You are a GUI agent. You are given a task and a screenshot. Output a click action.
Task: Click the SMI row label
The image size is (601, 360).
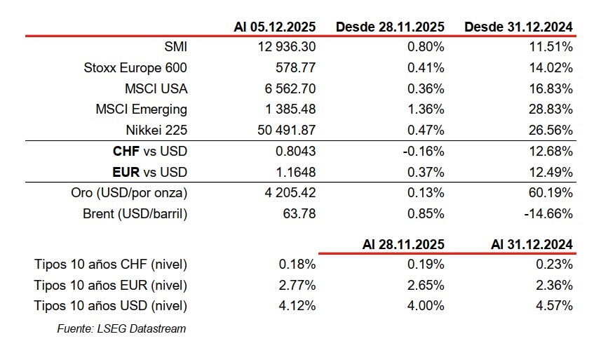pos(175,48)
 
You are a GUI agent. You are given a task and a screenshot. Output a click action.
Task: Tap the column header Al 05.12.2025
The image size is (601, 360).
pos(274,27)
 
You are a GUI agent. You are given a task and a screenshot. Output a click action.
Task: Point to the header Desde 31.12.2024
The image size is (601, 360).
pos(518,27)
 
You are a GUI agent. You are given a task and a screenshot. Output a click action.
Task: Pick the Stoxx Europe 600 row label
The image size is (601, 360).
pos(136,68)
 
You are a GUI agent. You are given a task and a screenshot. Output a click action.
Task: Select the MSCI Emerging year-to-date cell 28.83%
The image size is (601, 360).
pos(552,109)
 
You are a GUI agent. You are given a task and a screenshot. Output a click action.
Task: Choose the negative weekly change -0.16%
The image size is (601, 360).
pos(424,151)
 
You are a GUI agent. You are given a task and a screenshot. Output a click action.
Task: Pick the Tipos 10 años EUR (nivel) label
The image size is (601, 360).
pos(111,285)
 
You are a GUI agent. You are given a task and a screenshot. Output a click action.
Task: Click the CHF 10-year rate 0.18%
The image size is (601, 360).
pos(298,265)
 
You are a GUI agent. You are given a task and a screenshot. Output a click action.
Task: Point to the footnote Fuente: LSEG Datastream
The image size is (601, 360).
pos(121,328)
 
